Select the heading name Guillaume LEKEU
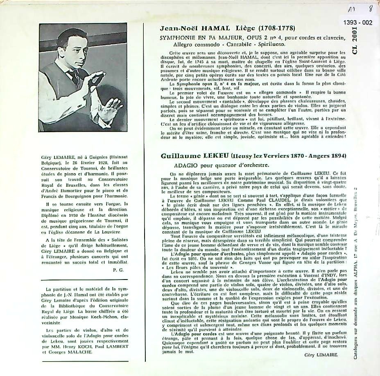pos(193,156)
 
